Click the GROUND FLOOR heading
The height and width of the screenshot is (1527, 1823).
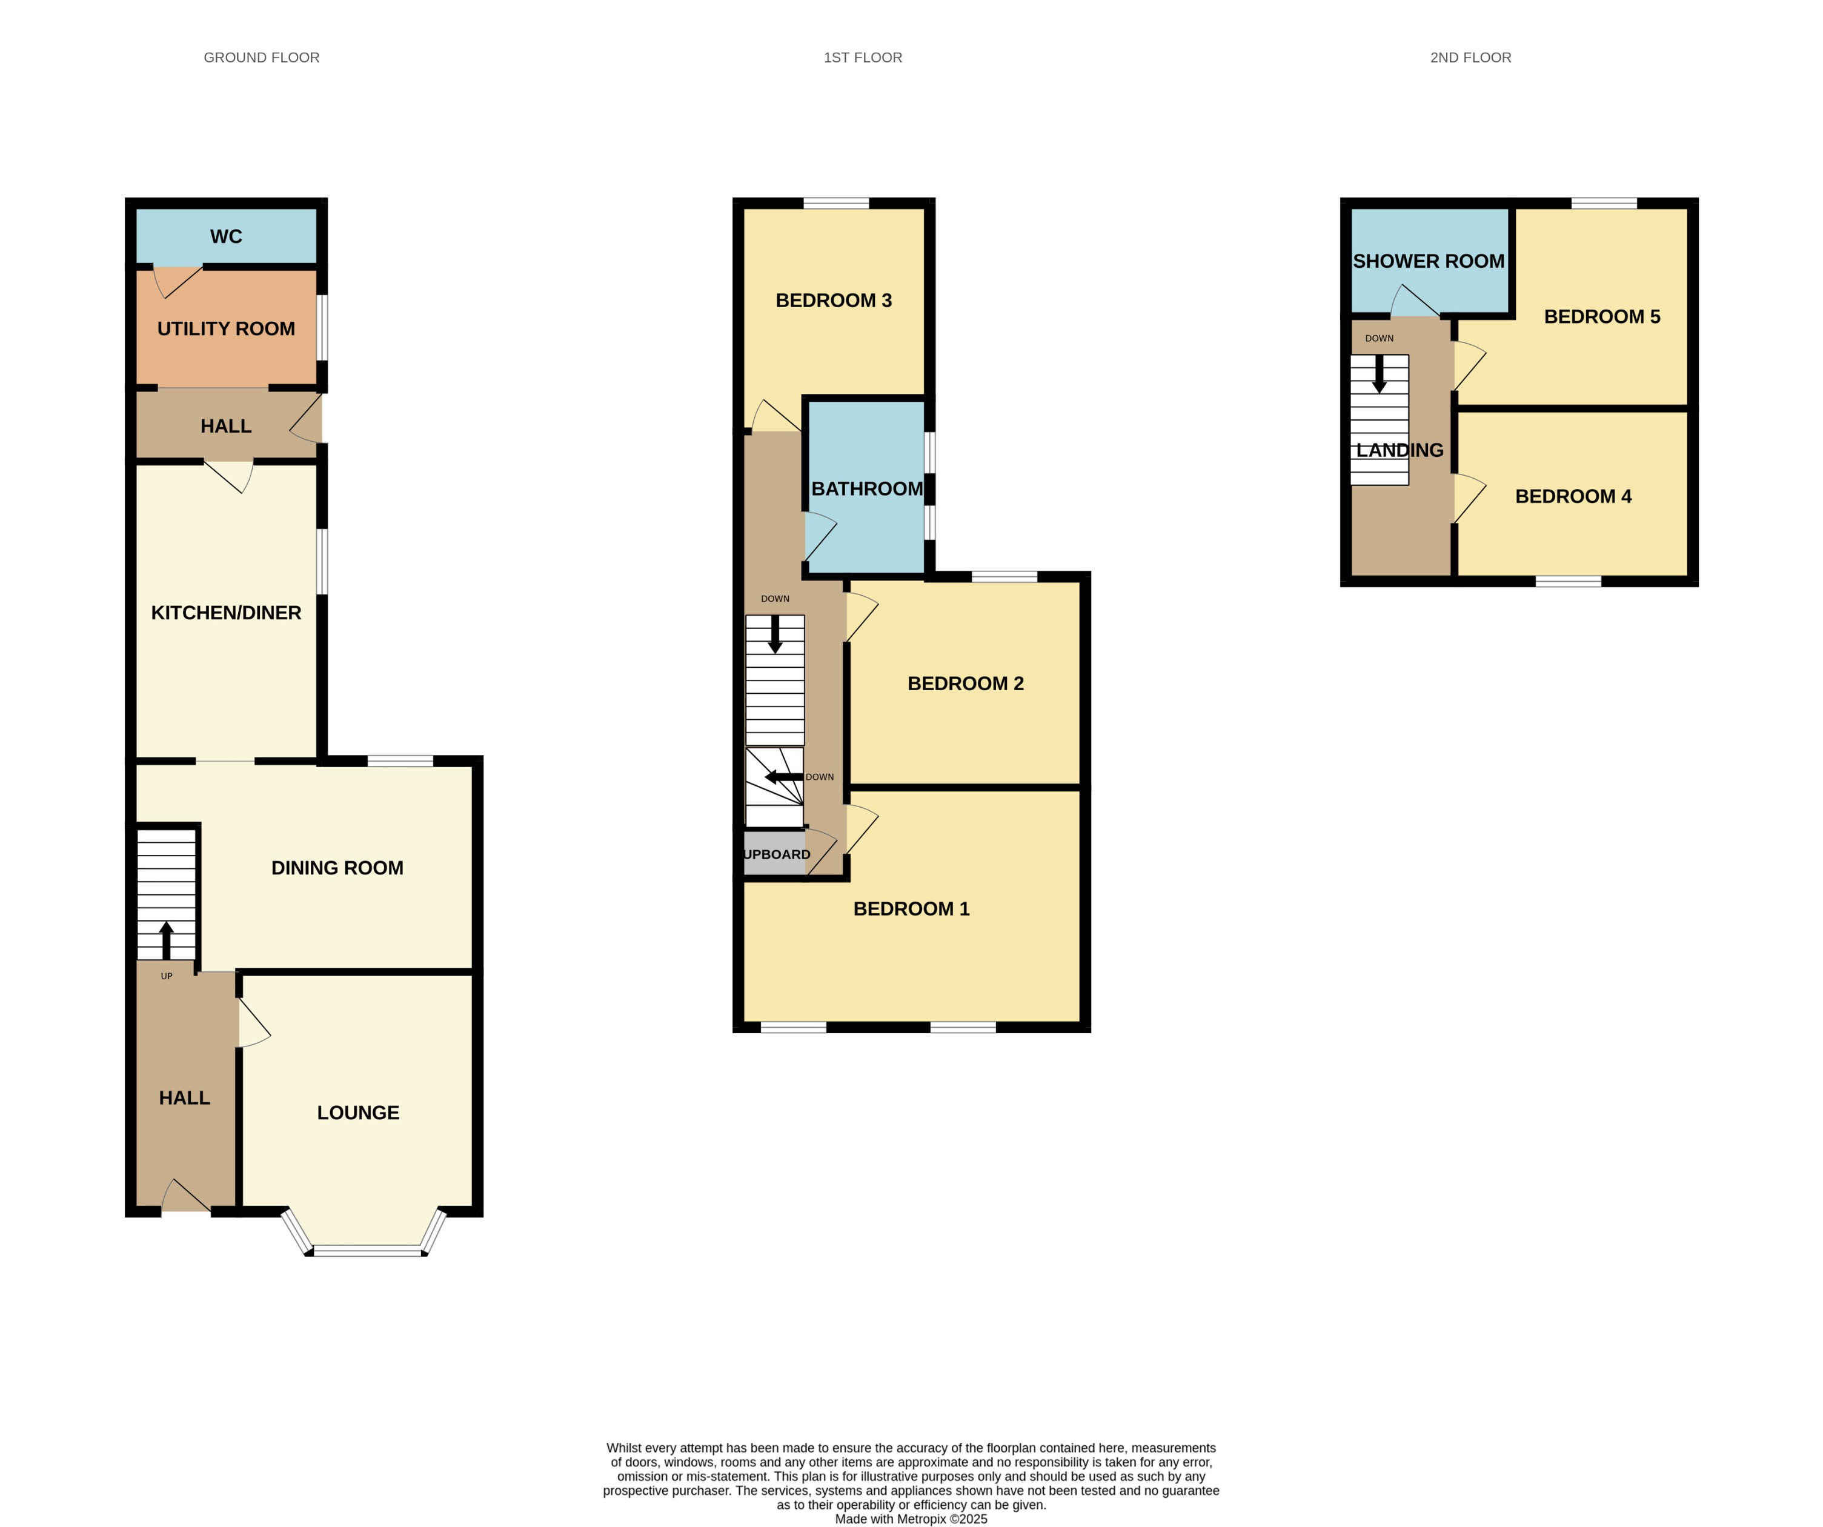[x=261, y=58]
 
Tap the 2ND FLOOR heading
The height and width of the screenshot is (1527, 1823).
[x=1470, y=58]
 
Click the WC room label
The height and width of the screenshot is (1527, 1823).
[x=226, y=236]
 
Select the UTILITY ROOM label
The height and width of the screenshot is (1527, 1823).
[x=226, y=328]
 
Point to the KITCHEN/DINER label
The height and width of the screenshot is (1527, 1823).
[x=226, y=612]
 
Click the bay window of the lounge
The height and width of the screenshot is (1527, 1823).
[x=368, y=1249]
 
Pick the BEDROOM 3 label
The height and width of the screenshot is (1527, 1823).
[x=834, y=301]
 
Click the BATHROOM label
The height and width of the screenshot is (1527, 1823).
[x=866, y=489]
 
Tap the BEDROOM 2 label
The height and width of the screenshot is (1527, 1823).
[x=965, y=683]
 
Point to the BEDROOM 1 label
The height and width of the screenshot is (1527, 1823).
[x=911, y=908]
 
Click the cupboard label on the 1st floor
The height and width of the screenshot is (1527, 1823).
[x=776, y=854]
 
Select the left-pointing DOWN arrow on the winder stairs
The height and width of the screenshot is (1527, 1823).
[x=782, y=777]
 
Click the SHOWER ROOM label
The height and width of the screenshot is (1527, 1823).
[x=1428, y=261]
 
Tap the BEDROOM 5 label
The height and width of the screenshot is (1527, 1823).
[x=1602, y=317]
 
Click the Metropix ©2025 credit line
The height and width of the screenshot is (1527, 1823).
[x=911, y=1519]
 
